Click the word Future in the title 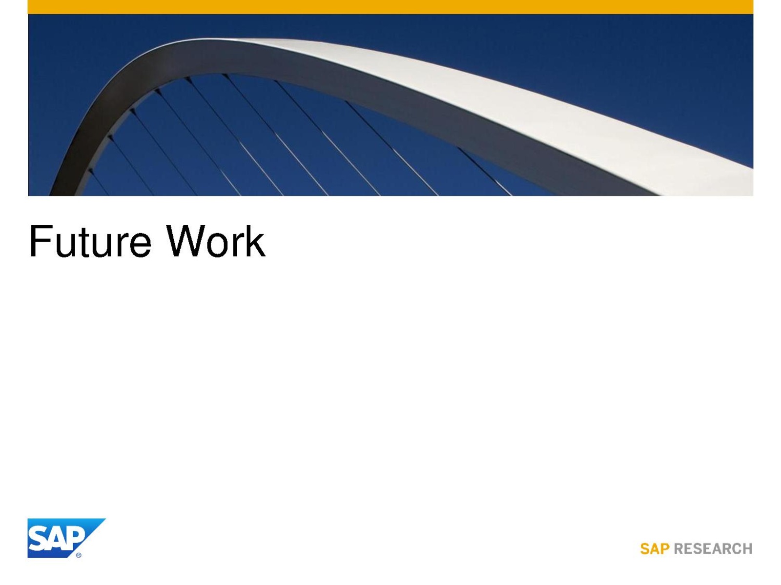(x=90, y=241)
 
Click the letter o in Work (x=217, y=245)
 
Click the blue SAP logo (x=66, y=538)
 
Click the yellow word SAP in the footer (x=655, y=549)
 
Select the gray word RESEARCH (x=713, y=549)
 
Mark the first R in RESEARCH (x=679, y=549)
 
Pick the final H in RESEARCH (x=747, y=549)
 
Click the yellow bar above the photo (x=390, y=7)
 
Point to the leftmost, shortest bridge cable (x=99, y=182)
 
